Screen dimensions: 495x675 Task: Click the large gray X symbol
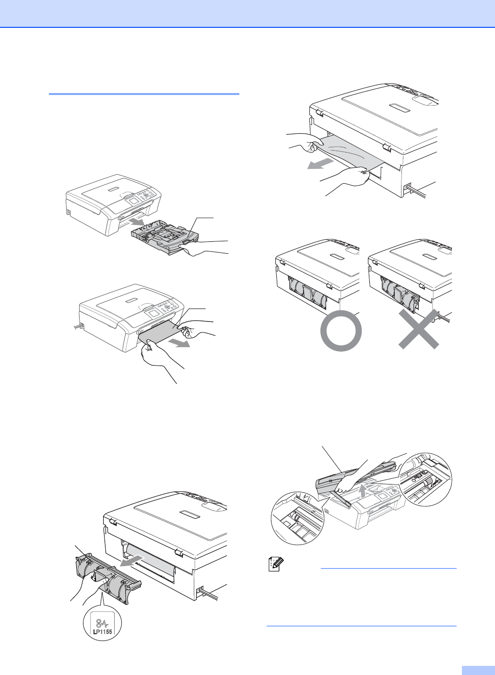coord(419,329)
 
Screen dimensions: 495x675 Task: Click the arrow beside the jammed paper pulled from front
coord(179,343)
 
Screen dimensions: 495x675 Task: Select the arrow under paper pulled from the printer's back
coord(320,164)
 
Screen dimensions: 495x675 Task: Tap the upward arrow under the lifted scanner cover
coord(364,491)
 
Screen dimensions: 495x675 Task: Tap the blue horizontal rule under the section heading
coord(144,94)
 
